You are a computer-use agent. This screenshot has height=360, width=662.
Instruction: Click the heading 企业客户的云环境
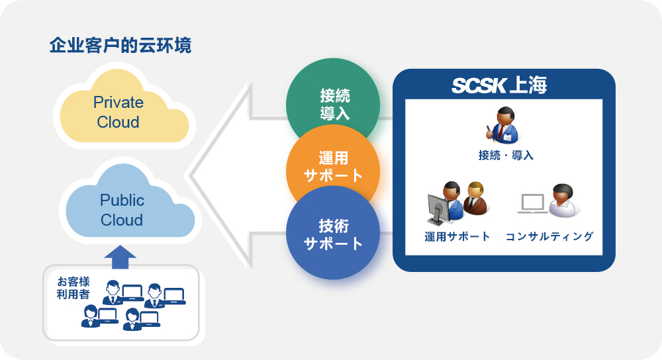click(x=120, y=46)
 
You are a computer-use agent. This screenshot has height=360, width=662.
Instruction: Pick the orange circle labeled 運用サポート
click(x=333, y=166)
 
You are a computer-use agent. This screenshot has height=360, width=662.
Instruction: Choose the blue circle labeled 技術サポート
click(x=333, y=234)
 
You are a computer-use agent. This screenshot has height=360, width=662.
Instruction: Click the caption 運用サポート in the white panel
click(x=457, y=236)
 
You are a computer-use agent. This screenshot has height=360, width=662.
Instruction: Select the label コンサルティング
click(x=549, y=236)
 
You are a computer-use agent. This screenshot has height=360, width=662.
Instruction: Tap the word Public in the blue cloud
click(x=122, y=200)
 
